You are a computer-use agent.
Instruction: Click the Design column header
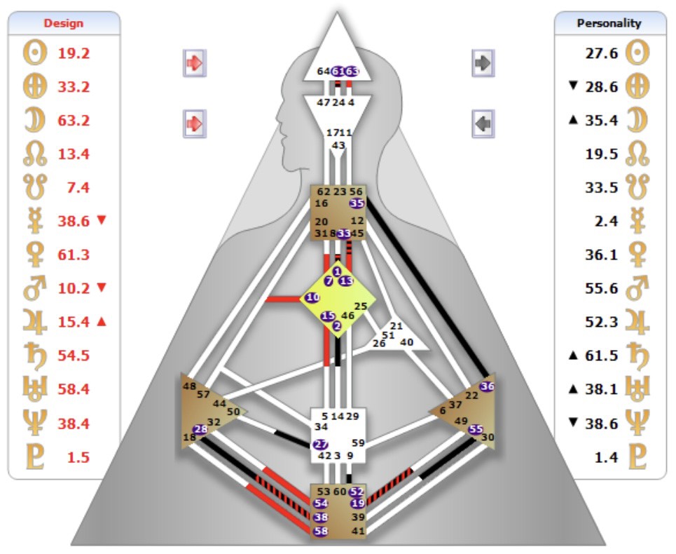[64, 23]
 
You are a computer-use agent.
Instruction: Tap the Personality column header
[609, 23]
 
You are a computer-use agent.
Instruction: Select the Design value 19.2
[74, 53]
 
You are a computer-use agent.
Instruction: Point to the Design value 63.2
[74, 120]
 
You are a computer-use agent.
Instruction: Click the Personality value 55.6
[602, 288]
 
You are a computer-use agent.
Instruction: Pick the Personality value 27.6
[602, 53]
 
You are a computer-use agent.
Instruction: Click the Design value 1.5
[78, 457]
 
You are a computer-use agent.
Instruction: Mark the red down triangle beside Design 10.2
[102, 288]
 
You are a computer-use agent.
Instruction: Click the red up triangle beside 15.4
[102, 321]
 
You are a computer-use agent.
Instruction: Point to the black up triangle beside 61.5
[574, 355]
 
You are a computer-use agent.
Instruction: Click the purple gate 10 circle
[312, 297]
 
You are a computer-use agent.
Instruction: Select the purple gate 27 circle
[321, 444]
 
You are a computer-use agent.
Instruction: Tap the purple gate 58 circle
[321, 531]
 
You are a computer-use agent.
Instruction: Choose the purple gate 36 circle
[488, 386]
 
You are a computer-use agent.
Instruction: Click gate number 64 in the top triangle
[323, 71]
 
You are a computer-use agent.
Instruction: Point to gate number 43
[338, 145]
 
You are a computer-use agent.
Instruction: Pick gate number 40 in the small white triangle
[406, 342]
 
